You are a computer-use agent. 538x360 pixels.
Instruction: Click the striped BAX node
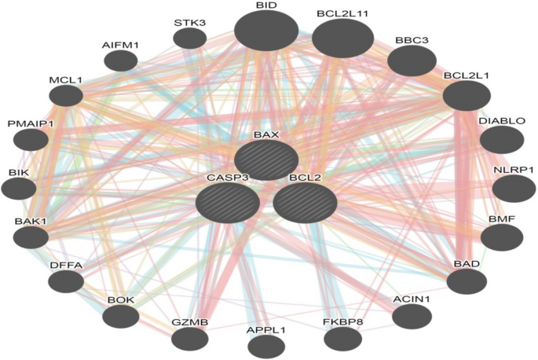266,160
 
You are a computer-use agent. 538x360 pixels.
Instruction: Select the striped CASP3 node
228,203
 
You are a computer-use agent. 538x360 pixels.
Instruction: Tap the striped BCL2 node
305,203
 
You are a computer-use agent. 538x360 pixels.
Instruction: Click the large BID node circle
266,31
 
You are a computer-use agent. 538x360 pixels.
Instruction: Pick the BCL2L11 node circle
342,39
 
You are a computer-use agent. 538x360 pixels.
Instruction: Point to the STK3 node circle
190,39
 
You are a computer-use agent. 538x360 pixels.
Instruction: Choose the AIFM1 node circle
121,61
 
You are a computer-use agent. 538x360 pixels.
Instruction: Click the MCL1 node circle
66,95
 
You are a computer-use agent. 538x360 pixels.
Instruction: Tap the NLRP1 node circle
514,189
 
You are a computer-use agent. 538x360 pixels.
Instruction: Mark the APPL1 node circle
266,347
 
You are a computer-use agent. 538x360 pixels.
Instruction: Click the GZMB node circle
190,339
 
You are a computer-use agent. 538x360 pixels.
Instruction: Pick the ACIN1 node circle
412,316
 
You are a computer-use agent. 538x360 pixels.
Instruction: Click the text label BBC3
412,40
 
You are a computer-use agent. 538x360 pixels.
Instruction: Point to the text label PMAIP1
31,123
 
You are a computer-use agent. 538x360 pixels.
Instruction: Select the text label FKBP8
342,321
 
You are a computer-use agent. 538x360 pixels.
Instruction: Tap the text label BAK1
31,221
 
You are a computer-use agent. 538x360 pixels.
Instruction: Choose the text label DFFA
66,265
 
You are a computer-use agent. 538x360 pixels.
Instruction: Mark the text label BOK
121,299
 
